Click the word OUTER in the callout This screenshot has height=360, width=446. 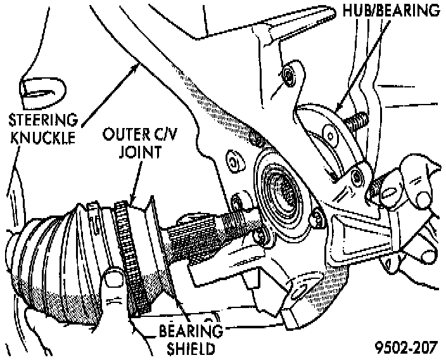click(x=125, y=136)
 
